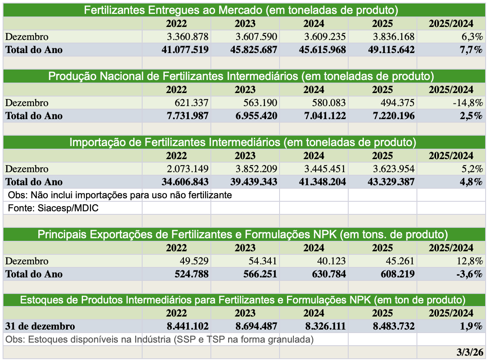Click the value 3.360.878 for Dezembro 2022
[x=188, y=37]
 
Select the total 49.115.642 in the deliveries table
[x=387, y=50]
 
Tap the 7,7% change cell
[x=472, y=50]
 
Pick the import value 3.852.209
[x=256, y=169]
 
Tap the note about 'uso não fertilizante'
[x=120, y=195]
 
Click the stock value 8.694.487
[x=256, y=326]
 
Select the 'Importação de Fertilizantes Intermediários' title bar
[x=243, y=142]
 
